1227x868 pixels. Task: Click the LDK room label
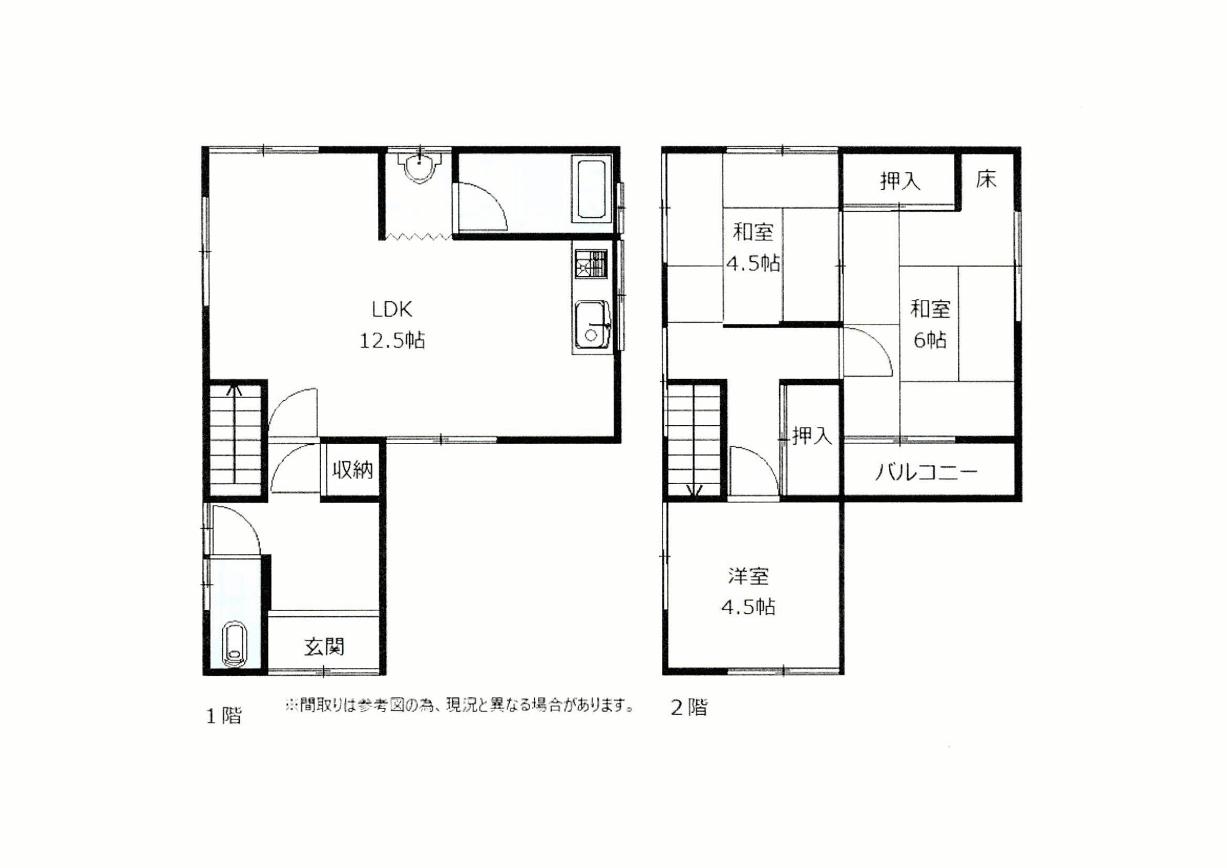coord(392,309)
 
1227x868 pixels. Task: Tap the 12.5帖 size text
coord(392,340)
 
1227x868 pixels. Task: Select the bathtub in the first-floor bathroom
coord(591,189)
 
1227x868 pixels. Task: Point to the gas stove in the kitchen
coord(591,264)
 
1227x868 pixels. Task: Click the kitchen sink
coord(591,325)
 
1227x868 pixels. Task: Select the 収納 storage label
coord(353,470)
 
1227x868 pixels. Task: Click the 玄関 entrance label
coord(324,647)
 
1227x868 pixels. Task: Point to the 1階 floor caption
coord(224,716)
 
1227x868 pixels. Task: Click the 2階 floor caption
coord(690,707)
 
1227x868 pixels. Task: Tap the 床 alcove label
coord(987,179)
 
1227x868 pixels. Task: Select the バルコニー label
coord(926,472)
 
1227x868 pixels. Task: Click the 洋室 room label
coord(748,577)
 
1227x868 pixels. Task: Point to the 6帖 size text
coord(930,340)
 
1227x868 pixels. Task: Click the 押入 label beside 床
coord(900,181)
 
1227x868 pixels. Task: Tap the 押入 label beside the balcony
coord(812,436)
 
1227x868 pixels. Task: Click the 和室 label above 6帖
coord(930,309)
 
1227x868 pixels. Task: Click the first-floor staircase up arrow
coord(234,434)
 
